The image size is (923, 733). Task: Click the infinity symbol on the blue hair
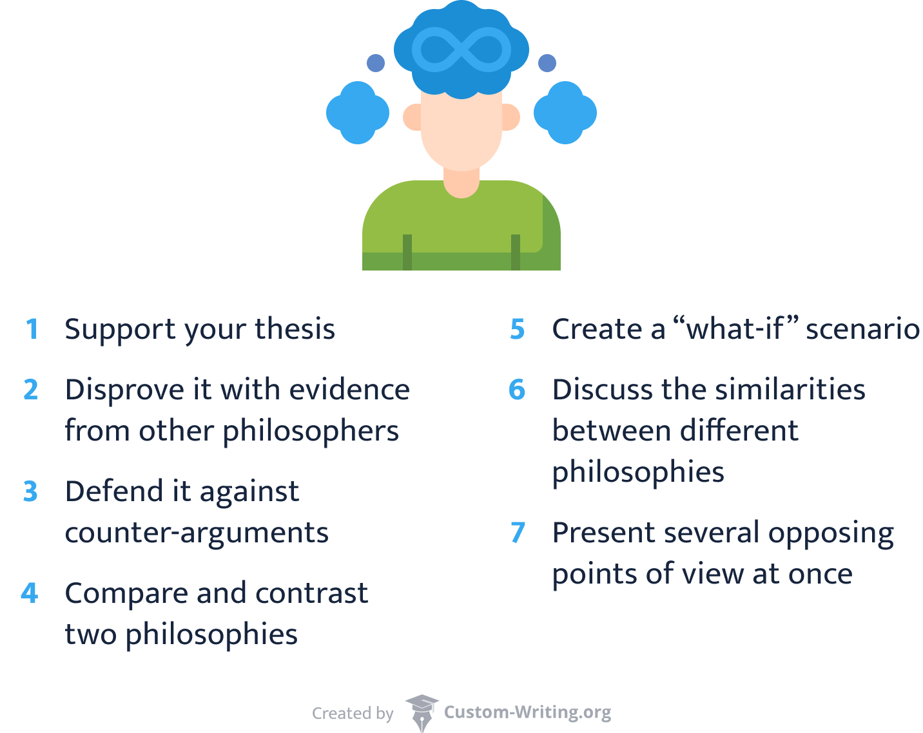[x=461, y=50]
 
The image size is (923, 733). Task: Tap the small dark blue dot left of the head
[x=376, y=63]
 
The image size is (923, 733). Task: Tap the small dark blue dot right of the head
[x=547, y=63]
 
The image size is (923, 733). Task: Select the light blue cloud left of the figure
[x=358, y=113]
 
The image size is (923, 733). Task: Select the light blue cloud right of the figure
[x=565, y=113]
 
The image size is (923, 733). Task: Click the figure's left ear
[x=413, y=117]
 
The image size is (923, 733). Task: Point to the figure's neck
[x=461, y=180]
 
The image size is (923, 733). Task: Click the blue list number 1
[x=32, y=329]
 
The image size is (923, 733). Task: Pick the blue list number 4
[x=30, y=593]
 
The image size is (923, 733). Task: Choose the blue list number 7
[x=518, y=533]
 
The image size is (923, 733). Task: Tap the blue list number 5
[x=518, y=329]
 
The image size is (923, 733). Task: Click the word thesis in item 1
[x=295, y=329]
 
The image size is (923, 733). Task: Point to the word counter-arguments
[x=197, y=533]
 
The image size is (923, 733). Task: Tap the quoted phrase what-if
[x=735, y=329]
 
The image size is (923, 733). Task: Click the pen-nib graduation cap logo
[x=422, y=712]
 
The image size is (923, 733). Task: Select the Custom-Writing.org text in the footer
[x=527, y=712]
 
